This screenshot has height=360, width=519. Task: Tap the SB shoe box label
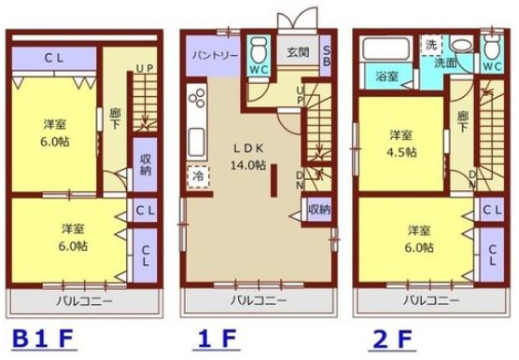327,56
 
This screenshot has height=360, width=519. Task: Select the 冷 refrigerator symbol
198,174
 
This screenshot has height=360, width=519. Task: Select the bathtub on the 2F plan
386,48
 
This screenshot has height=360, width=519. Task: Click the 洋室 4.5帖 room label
405,146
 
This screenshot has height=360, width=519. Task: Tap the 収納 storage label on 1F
318,209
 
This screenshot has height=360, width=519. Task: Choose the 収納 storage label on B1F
145,164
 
